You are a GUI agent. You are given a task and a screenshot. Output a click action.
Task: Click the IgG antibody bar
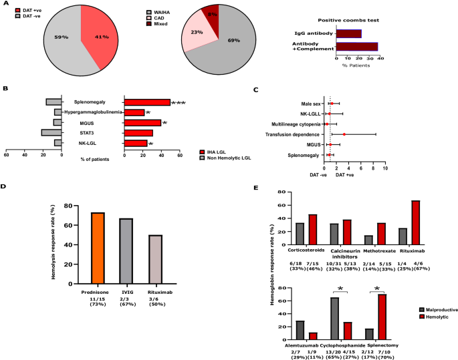point(348,33)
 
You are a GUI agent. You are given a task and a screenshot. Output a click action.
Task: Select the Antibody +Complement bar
point(356,47)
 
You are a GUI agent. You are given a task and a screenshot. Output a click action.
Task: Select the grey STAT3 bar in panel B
point(51,133)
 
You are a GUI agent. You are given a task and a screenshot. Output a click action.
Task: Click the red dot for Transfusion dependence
point(344,134)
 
